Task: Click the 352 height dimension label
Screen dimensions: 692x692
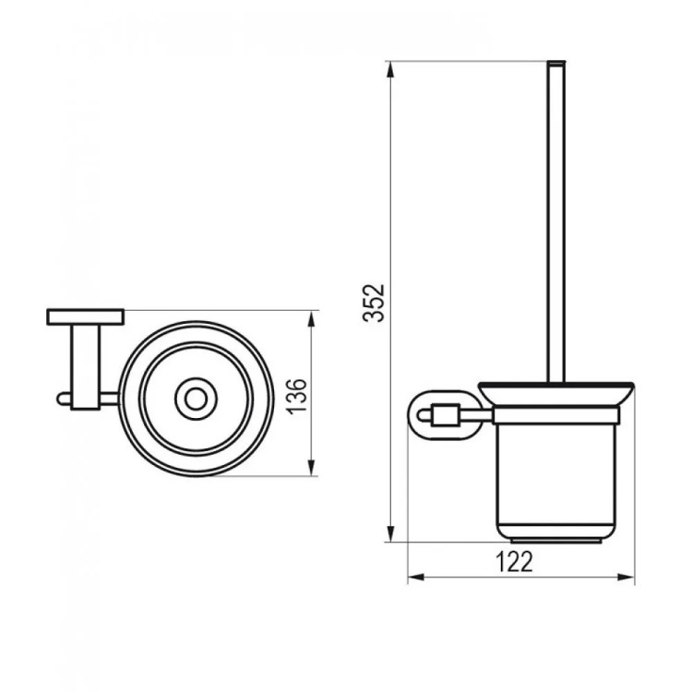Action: click(374, 303)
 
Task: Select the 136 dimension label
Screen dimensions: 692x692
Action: click(296, 396)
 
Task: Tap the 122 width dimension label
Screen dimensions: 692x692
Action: click(514, 561)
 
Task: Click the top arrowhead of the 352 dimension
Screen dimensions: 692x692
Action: click(389, 70)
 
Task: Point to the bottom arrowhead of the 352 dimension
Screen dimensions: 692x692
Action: click(389, 533)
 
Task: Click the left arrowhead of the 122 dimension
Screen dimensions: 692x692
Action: click(417, 577)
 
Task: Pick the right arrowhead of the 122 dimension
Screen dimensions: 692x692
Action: click(626, 577)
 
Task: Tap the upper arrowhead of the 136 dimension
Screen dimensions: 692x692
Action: click(312, 319)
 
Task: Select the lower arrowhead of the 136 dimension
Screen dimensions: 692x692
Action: click(312, 468)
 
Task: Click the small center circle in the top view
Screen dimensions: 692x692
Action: click(196, 399)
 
